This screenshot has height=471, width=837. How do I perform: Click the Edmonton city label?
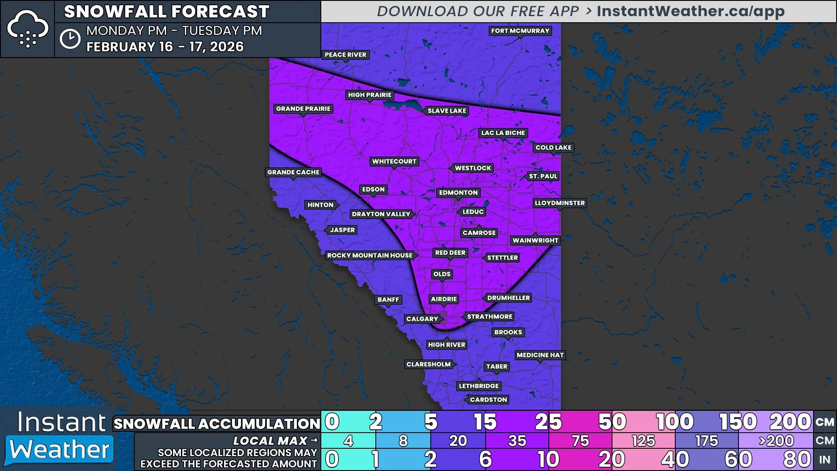tap(458, 193)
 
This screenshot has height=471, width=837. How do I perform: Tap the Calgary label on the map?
tap(422, 319)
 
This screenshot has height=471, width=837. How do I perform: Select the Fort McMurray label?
tap(520, 31)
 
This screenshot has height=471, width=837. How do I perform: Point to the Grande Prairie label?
tap(303, 109)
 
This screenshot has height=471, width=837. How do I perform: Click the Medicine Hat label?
tap(540, 355)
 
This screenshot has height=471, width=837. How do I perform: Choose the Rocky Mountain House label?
tap(370, 256)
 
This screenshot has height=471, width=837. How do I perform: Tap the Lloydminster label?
tap(560, 203)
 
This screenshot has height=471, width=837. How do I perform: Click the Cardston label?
tap(488, 399)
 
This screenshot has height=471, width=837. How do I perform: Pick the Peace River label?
tap(345, 55)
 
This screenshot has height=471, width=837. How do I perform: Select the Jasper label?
tap(342, 230)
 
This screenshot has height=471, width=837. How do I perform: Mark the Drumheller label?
tap(508, 298)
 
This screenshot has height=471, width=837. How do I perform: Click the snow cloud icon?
tap(27, 29)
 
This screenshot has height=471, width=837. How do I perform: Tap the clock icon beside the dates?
tap(70, 39)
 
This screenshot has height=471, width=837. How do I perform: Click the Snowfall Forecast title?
tap(167, 12)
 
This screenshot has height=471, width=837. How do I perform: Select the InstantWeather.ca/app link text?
tap(691, 11)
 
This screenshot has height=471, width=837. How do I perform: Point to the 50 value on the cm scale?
tap(612, 422)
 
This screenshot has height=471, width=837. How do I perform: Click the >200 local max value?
tap(776, 441)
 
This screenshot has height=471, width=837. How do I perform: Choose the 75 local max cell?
tap(580, 441)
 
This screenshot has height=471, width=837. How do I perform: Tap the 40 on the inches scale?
tap(675, 460)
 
